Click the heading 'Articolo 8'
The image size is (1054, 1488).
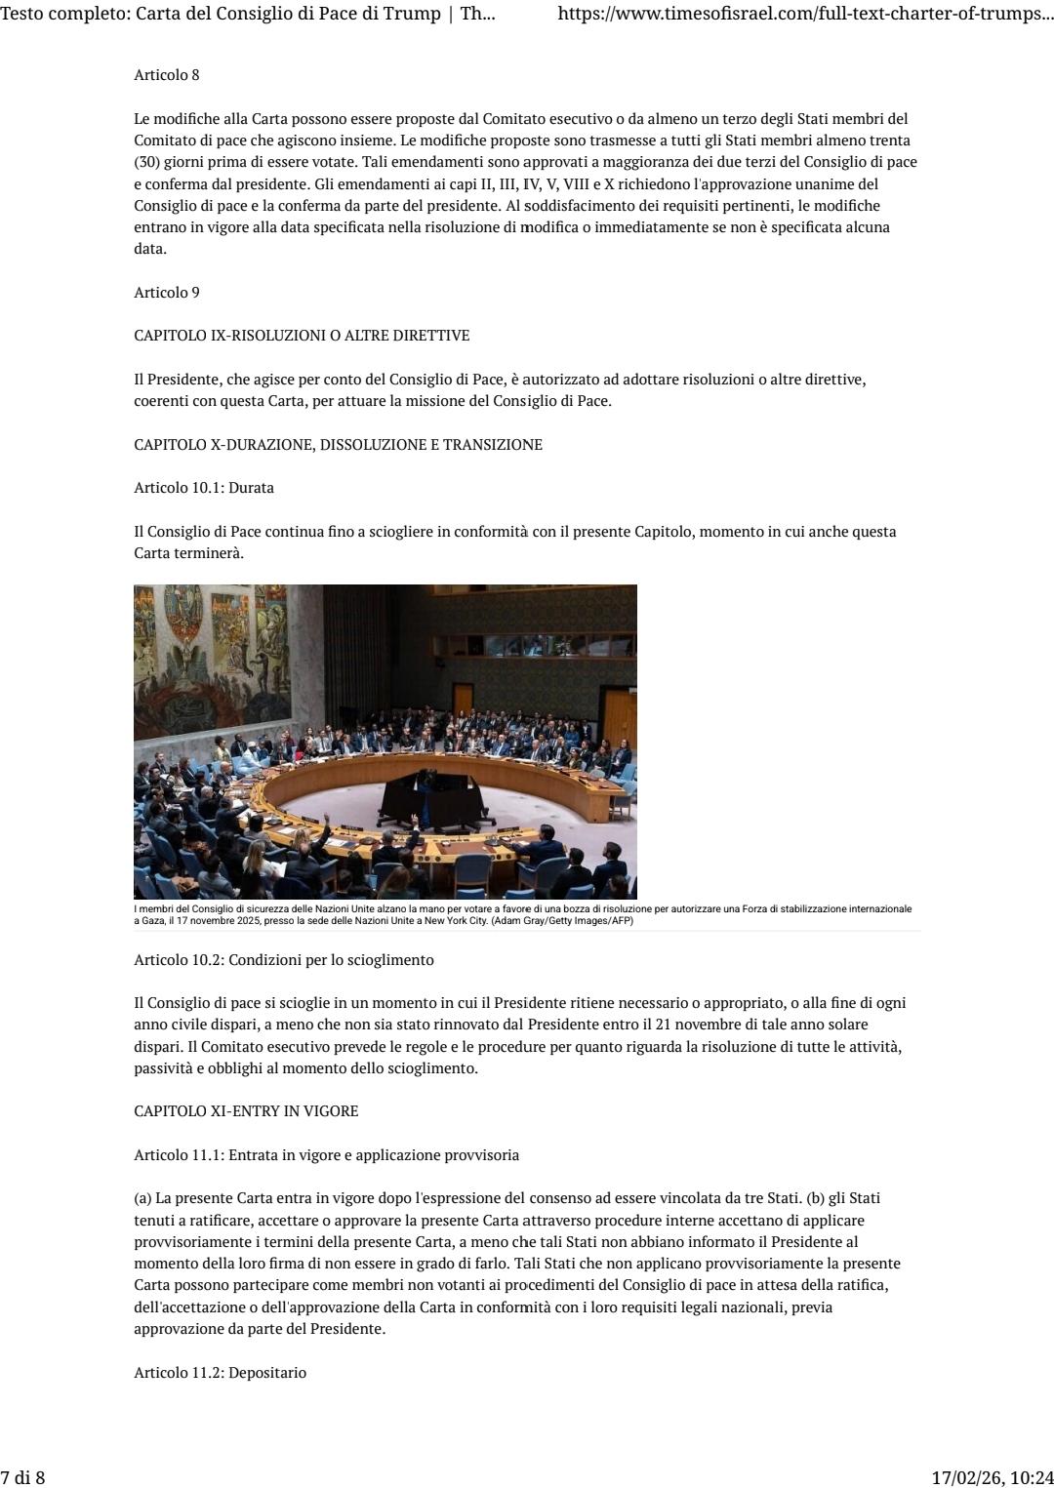click(x=167, y=75)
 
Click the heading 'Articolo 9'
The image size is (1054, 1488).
click(x=167, y=293)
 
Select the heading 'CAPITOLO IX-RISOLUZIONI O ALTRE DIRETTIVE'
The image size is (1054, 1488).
click(x=302, y=336)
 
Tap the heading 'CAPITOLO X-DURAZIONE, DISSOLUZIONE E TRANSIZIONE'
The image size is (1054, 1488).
click(x=338, y=445)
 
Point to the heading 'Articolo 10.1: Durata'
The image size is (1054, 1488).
click(x=204, y=488)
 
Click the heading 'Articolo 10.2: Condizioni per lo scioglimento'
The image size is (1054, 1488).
click(x=284, y=960)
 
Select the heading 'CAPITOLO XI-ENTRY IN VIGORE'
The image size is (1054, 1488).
click(x=246, y=1111)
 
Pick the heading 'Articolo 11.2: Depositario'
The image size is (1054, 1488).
click(x=220, y=1373)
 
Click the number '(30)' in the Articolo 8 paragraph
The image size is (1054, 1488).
click(x=147, y=162)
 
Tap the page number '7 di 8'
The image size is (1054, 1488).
click(x=23, y=1477)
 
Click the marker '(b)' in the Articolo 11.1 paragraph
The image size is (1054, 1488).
click(x=816, y=1198)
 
